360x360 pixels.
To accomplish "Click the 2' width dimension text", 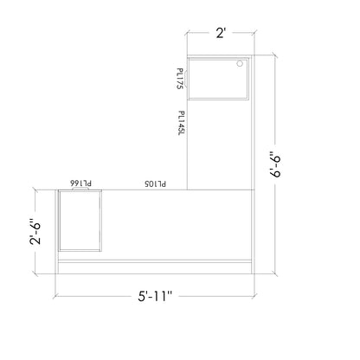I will (221, 34).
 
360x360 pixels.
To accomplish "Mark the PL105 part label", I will (155, 183).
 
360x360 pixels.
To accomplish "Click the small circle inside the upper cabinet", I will (241, 64).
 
